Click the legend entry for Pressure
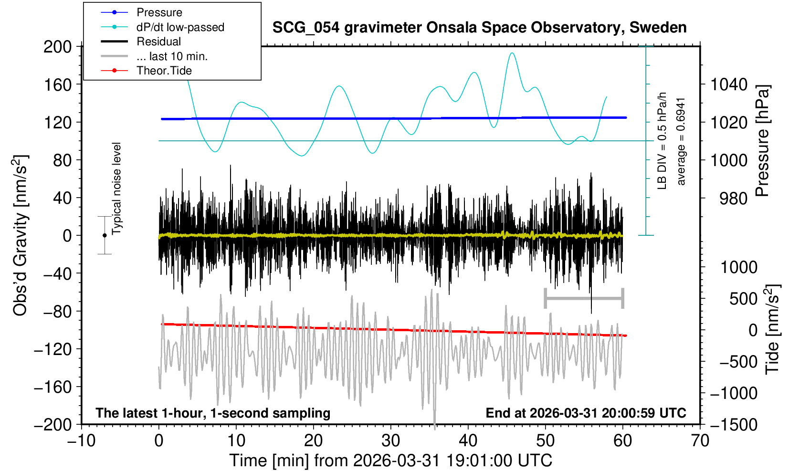[159, 12]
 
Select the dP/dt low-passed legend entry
[180, 27]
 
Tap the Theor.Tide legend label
[164, 71]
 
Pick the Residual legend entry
[158, 42]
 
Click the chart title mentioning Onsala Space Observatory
[479, 28]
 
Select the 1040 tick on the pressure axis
[729, 85]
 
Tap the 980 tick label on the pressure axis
[734, 198]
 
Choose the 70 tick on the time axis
[700, 440]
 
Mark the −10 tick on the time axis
[82, 440]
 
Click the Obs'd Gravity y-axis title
[21, 235]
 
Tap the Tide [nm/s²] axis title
[772, 329]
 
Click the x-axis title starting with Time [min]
[390, 461]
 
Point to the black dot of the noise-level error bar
[105, 235]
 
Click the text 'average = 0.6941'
[681, 142]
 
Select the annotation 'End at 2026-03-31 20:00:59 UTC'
[586, 413]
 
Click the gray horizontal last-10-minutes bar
[584, 299]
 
